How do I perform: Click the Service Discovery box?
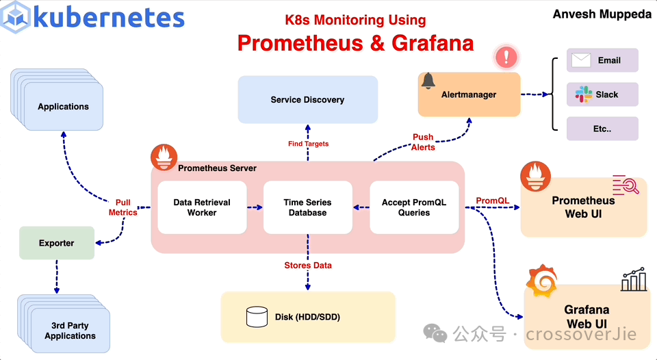click(x=307, y=100)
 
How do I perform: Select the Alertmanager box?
click(x=469, y=94)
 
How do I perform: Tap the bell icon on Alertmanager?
click(x=428, y=81)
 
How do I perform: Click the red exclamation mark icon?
click(x=506, y=56)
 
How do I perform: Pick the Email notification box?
click(x=602, y=60)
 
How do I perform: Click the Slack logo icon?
click(x=583, y=94)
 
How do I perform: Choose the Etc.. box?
click(x=602, y=129)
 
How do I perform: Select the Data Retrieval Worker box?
click(x=202, y=207)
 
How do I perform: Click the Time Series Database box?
click(x=308, y=207)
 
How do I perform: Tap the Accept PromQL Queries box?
click(x=414, y=207)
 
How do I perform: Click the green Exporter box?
click(x=57, y=243)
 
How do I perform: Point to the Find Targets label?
click(x=308, y=144)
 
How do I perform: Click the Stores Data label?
click(x=308, y=265)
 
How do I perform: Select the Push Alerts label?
click(x=423, y=142)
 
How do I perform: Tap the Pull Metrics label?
click(x=123, y=207)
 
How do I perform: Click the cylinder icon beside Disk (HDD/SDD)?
click(x=257, y=316)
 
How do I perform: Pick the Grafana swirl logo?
click(x=541, y=281)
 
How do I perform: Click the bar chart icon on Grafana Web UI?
click(x=634, y=279)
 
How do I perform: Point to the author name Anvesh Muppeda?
click(x=602, y=14)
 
